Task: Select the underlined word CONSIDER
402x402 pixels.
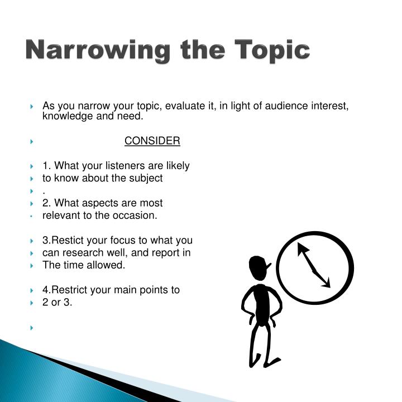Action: [152, 141]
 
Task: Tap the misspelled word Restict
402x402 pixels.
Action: [69, 241]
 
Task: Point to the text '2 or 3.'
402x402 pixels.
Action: [58, 302]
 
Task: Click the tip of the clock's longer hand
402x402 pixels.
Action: [299, 244]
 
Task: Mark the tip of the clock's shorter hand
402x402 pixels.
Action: [329, 287]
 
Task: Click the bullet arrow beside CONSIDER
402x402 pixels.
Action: [32, 142]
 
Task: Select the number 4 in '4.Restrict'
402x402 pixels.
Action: [45, 290]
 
